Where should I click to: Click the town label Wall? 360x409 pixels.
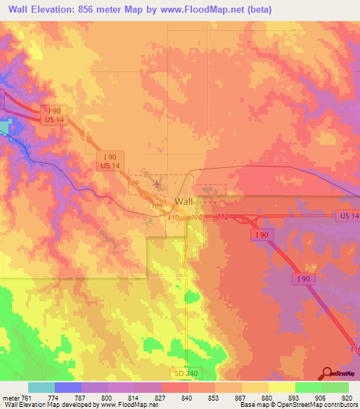click(x=184, y=201)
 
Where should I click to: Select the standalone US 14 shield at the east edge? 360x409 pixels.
click(x=347, y=215)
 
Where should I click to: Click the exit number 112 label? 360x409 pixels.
click(x=224, y=217)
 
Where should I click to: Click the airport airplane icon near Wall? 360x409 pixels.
click(x=155, y=183)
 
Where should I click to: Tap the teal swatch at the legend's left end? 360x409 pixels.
click(x=41, y=387)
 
